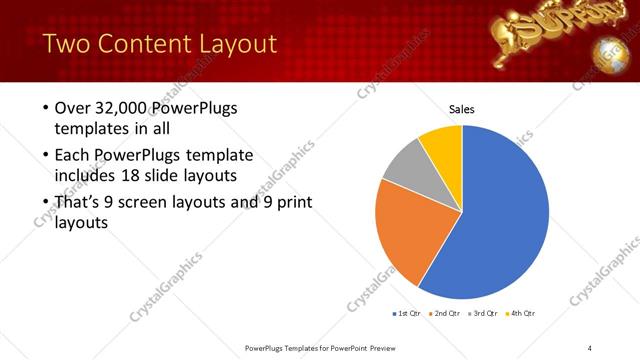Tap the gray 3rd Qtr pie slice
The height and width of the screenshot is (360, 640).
[404, 167]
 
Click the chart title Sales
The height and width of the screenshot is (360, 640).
[461, 109]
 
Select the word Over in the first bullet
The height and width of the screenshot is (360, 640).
[73, 107]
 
